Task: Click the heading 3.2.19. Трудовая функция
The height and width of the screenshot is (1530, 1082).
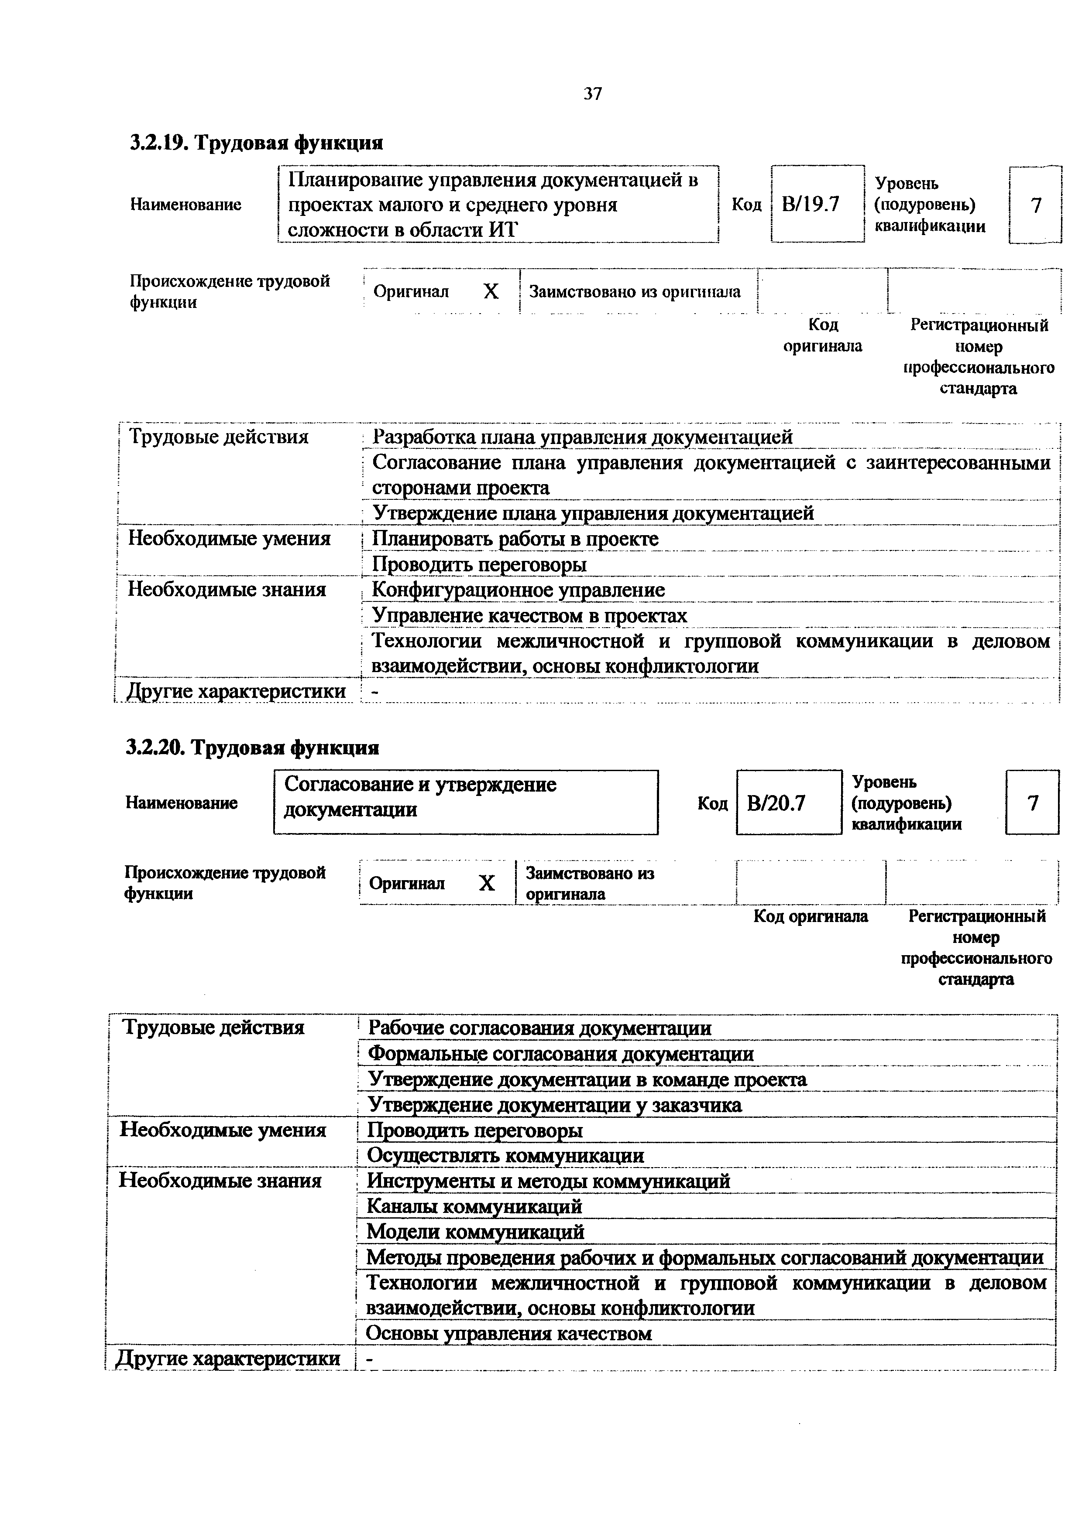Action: click(256, 143)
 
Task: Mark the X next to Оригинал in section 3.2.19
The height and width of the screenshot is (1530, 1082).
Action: click(491, 292)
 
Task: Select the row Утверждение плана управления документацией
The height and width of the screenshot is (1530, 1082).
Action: click(593, 513)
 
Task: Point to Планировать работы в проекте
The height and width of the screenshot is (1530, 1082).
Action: click(515, 539)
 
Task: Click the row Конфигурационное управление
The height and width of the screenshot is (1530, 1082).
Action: click(518, 590)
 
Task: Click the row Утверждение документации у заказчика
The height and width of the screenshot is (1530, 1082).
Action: click(555, 1105)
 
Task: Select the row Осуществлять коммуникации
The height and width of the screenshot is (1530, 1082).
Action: click(505, 1155)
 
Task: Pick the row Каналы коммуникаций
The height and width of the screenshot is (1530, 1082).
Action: click(475, 1206)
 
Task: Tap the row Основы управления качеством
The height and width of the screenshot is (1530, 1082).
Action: click(508, 1333)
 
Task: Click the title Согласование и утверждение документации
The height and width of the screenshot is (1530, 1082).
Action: click(420, 797)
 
